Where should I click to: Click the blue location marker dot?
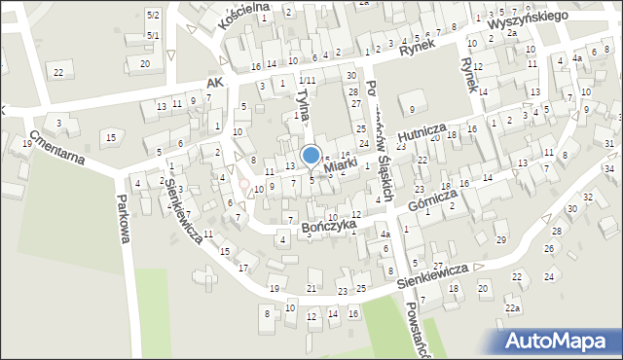pyautogui.click(x=311, y=155)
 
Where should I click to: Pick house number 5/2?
pyautogui.click(x=153, y=16)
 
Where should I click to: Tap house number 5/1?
pyautogui.click(x=153, y=35)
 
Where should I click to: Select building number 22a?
pyautogui.click(x=512, y=308)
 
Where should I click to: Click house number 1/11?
pyautogui.click(x=307, y=79)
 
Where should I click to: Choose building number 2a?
pyautogui.click(x=512, y=32)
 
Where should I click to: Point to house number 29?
pyautogui.click(x=500, y=239)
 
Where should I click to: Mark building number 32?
pyautogui.click(x=586, y=197)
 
